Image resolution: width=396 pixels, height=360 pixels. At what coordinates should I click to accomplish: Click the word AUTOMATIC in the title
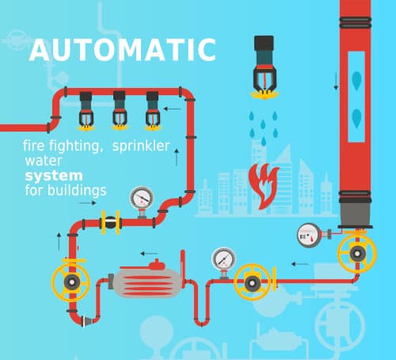pos(123,50)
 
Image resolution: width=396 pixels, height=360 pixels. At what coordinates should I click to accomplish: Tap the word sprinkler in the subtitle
pos(141,146)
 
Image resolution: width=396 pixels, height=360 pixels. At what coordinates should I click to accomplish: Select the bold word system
pos(54,176)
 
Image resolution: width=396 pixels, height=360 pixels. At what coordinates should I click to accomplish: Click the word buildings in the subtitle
pos(77,190)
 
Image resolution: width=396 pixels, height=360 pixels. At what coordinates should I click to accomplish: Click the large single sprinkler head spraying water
pos(264,67)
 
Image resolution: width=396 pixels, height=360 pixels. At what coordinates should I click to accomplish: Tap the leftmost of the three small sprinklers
pos(86,111)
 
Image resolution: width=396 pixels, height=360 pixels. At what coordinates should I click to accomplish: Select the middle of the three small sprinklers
pos(120,110)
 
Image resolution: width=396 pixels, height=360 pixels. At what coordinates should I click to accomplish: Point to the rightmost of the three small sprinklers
pos(153,111)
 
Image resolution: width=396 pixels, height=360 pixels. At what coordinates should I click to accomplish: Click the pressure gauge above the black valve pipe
pos(142,200)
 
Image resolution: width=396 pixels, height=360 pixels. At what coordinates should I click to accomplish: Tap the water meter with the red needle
pos(309,236)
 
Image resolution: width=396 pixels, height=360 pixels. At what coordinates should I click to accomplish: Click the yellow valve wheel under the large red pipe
pos(357,253)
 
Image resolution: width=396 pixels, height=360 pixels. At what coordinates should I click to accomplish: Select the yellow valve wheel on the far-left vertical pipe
pos(70,282)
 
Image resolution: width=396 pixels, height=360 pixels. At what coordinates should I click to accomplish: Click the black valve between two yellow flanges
pos(111,223)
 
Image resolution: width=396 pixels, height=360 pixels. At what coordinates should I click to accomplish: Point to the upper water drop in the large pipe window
pos(356,80)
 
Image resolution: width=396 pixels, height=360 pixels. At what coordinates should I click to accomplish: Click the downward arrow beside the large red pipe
pos(336,82)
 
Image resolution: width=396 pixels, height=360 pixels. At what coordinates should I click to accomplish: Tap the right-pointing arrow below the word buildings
pos(88,203)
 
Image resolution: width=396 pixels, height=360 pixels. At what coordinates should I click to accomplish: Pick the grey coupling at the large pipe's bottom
pos(356,213)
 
